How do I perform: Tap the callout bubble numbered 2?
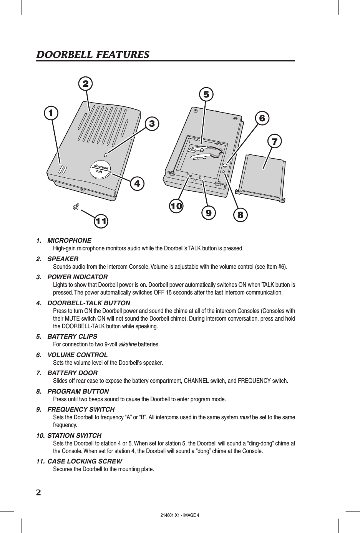click(86, 83)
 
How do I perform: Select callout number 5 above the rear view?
click(206, 94)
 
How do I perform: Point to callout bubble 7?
click(274, 141)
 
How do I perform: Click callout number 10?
click(176, 206)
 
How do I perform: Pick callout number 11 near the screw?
click(101, 221)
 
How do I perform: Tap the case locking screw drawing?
click(76, 207)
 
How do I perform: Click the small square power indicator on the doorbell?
click(106, 155)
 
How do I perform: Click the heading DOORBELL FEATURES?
click(93, 55)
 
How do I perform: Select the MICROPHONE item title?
click(69, 240)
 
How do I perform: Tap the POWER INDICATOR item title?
click(77, 277)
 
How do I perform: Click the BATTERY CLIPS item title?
click(72, 336)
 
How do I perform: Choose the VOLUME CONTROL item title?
click(77, 354)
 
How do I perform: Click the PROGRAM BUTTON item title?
click(78, 391)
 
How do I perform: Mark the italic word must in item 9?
click(245, 417)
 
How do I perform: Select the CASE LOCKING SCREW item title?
click(85, 461)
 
